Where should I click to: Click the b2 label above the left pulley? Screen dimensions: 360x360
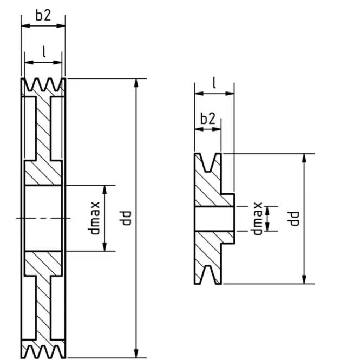tap(43, 16)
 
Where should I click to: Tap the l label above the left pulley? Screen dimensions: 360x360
tap(44, 51)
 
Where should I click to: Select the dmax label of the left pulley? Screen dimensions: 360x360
tap(94, 218)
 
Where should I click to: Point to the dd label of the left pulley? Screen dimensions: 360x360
tap(125, 218)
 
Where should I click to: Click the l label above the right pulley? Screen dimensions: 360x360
tap(214, 83)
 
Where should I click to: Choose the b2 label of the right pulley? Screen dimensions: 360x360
tap(208, 119)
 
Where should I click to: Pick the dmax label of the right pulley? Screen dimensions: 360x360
tap(257, 219)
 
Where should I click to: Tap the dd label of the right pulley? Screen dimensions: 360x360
tap(293, 219)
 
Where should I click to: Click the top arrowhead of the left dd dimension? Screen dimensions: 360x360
tap(136, 83)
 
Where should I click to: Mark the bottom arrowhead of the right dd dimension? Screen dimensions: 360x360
tap(304, 279)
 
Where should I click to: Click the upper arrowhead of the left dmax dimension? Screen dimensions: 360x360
tap(104, 189)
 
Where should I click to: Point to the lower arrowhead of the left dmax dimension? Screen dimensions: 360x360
tap(104, 246)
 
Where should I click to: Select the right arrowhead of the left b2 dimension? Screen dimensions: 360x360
tap(61, 26)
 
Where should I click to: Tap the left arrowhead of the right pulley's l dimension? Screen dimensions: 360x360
tap(199, 94)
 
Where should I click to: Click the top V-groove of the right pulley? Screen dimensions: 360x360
tap(208, 162)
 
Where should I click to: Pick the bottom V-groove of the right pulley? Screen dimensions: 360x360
tap(208, 275)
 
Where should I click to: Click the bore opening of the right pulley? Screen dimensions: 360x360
tap(214, 219)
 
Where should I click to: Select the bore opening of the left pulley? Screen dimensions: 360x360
tap(43, 218)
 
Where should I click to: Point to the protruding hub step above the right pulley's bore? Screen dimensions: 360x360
tap(227, 200)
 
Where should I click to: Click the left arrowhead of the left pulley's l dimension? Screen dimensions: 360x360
tap(29, 62)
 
